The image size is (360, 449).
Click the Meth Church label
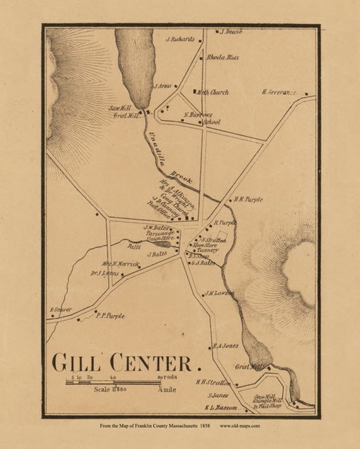(213, 92)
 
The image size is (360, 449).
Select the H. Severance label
(279, 92)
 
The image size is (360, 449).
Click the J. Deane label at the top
(231, 31)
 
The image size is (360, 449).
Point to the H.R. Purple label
(248, 199)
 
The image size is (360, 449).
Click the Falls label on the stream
(133, 247)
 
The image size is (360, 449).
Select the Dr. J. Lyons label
(105, 273)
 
